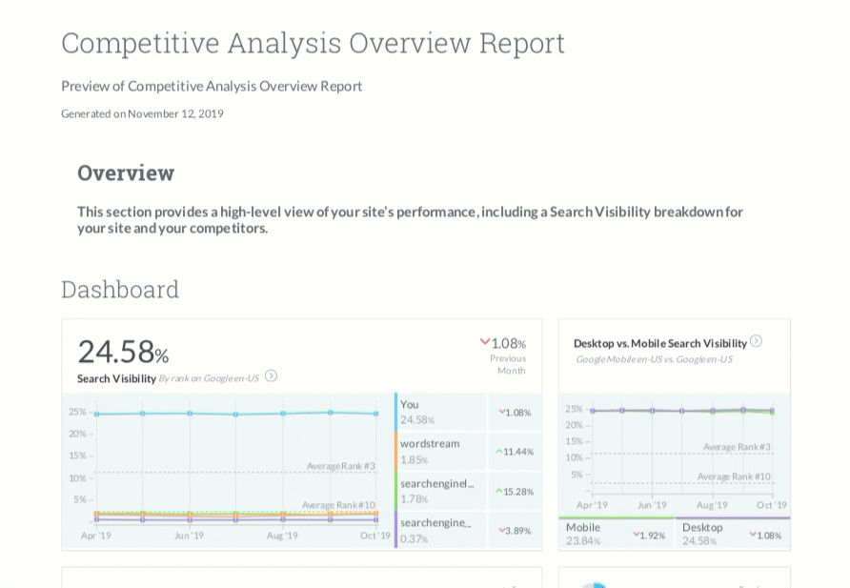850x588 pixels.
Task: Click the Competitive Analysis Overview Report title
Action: click(313, 43)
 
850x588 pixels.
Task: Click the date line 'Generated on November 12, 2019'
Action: click(142, 113)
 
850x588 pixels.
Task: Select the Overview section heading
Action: click(126, 172)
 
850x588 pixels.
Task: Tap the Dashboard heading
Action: click(120, 289)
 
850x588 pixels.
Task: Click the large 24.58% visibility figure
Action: click(123, 352)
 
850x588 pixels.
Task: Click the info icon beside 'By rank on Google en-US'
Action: click(271, 376)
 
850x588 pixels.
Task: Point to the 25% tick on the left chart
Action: click(77, 412)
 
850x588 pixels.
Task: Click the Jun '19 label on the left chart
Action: click(189, 536)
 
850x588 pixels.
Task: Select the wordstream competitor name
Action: click(430, 443)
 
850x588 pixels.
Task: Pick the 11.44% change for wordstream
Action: click(515, 452)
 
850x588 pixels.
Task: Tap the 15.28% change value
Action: click(515, 492)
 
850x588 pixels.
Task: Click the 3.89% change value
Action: click(515, 531)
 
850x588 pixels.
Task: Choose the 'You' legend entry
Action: click(410, 404)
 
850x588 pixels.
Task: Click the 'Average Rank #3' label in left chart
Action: click(341, 466)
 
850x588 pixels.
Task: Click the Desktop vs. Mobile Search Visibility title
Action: click(659, 343)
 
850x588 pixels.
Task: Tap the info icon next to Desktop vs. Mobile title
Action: click(756, 341)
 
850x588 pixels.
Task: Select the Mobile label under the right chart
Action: click(583, 527)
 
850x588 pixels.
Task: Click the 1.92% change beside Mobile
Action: click(649, 536)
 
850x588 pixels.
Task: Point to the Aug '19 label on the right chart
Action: click(712, 505)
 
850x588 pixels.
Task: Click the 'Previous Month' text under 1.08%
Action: click(508, 364)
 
